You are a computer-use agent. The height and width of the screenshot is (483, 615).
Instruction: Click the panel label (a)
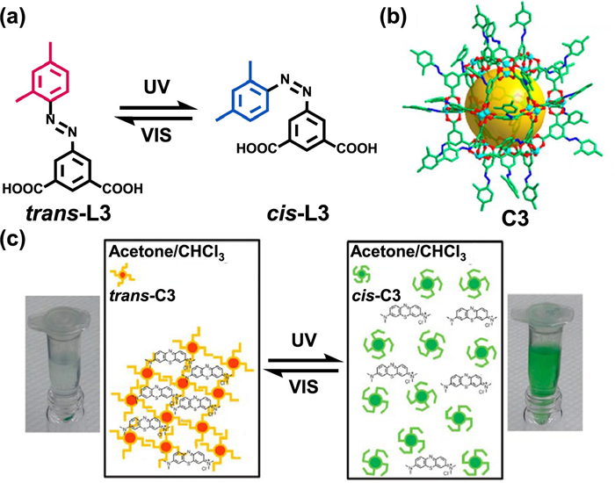[x=19, y=17]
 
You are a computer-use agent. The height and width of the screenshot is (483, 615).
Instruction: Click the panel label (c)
[x=18, y=235]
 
